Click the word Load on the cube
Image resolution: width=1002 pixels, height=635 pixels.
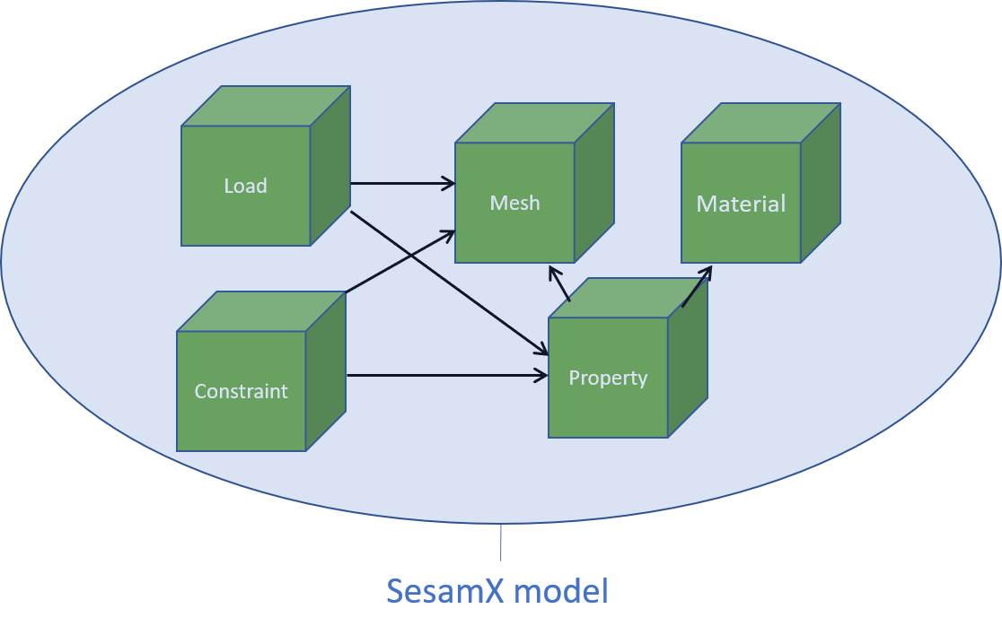click(x=245, y=186)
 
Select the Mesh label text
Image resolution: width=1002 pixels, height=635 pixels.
click(x=514, y=203)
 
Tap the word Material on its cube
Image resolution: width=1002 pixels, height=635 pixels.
click(x=741, y=204)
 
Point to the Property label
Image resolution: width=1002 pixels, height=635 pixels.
click(x=608, y=378)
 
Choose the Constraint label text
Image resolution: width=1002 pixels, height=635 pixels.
click(x=241, y=391)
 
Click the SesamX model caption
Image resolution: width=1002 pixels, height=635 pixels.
click(x=497, y=591)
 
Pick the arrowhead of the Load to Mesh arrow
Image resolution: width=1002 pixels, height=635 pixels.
click(x=450, y=184)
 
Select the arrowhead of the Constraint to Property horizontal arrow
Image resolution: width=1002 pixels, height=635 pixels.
click(x=541, y=376)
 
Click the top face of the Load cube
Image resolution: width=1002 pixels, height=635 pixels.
click(x=266, y=107)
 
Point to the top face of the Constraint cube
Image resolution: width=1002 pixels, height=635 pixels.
click(x=261, y=312)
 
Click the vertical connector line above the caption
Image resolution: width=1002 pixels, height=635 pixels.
click(x=501, y=543)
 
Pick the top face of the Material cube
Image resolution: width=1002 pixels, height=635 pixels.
click(x=761, y=124)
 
